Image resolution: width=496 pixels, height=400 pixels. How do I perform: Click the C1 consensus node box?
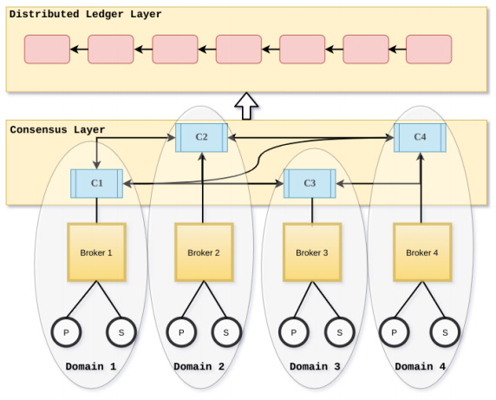[x=97, y=184]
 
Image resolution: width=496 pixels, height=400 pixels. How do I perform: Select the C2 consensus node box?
[x=201, y=138]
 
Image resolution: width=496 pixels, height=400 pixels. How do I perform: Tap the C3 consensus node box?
[x=310, y=184]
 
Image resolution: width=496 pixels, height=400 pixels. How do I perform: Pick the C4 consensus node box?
[x=420, y=138]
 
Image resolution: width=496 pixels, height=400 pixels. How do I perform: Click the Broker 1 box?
[x=97, y=252]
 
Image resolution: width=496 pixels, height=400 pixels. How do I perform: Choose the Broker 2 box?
[x=205, y=252]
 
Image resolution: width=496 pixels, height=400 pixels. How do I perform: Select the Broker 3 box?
[x=312, y=252]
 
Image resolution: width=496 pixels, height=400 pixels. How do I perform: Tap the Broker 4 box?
[x=422, y=252]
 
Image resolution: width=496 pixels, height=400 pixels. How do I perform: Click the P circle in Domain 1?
[x=67, y=332]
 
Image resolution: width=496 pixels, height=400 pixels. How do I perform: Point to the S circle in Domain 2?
[x=226, y=332]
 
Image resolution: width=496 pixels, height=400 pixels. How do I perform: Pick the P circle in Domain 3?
[x=294, y=332]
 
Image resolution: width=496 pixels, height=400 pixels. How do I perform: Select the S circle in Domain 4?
[x=445, y=332]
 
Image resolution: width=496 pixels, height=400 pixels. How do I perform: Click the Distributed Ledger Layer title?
[x=85, y=14]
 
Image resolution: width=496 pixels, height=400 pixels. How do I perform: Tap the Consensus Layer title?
[x=57, y=130]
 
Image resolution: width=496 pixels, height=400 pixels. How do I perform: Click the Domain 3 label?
[x=315, y=366]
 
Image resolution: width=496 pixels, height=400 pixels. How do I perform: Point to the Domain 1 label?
[x=91, y=366]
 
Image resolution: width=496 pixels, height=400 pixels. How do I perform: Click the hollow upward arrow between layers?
[x=246, y=107]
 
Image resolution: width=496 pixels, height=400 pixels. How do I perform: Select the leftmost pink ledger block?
[x=47, y=49]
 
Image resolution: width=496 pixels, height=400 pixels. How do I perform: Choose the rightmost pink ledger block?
[x=429, y=49]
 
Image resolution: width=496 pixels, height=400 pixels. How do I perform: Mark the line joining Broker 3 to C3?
[x=312, y=211]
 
